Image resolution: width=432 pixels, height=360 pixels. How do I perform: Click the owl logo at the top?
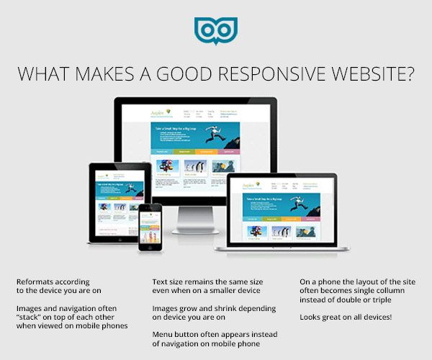[215, 31]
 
